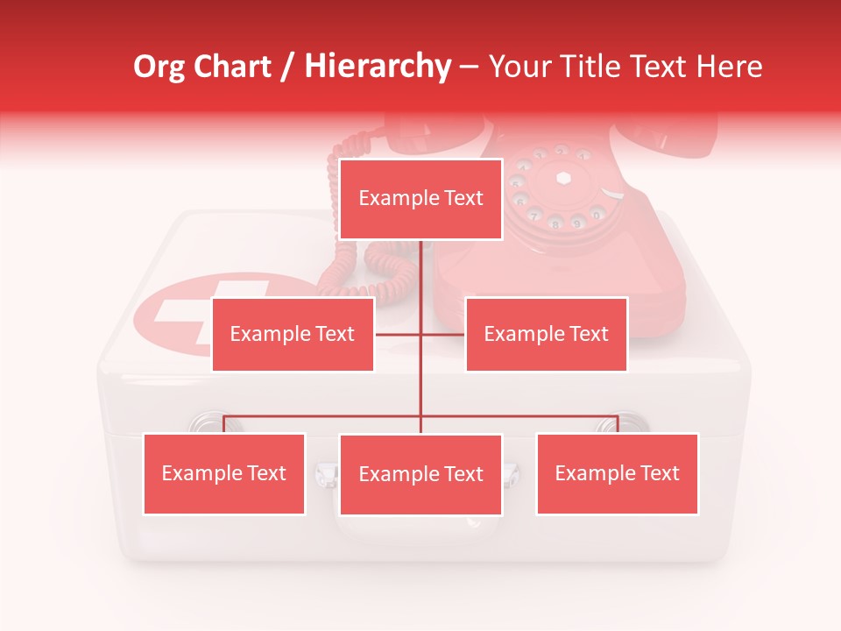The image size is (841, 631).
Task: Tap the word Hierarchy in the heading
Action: coord(378,67)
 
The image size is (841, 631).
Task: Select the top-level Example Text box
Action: coord(420,199)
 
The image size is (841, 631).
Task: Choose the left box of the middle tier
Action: coord(293,334)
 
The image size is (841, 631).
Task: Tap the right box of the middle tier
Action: coord(546,334)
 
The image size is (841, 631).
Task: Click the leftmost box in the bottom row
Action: coord(223,473)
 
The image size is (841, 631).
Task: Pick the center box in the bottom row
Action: coord(420,474)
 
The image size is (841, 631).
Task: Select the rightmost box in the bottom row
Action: coord(617,473)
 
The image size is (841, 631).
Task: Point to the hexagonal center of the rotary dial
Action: coord(563,177)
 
